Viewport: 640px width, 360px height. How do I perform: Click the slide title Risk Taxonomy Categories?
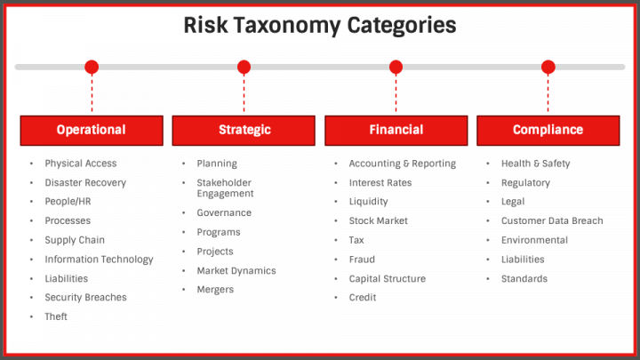click(x=320, y=25)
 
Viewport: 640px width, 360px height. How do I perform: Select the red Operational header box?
click(x=92, y=130)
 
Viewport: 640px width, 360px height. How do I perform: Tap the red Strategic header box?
click(x=244, y=130)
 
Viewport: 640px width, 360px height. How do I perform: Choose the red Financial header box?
click(x=396, y=130)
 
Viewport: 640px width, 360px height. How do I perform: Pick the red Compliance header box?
click(x=548, y=130)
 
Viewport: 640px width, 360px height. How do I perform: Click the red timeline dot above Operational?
click(x=92, y=67)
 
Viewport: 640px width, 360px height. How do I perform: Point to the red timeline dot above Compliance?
click(x=548, y=67)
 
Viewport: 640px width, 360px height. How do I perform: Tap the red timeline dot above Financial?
click(x=396, y=67)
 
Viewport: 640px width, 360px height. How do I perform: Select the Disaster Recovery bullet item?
click(x=85, y=183)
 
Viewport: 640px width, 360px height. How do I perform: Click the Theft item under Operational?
click(x=56, y=317)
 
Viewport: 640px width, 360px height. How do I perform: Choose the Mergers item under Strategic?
click(x=215, y=290)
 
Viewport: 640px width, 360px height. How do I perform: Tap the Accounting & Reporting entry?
click(x=402, y=164)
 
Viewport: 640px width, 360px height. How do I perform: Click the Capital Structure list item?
click(x=387, y=279)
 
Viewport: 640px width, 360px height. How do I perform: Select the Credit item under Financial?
click(x=363, y=298)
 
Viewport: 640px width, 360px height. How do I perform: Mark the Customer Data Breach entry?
click(x=551, y=221)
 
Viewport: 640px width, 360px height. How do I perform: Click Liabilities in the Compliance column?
click(x=523, y=260)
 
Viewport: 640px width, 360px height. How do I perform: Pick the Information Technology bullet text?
click(x=99, y=260)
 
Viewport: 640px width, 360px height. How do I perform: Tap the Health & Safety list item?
click(x=535, y=164)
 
